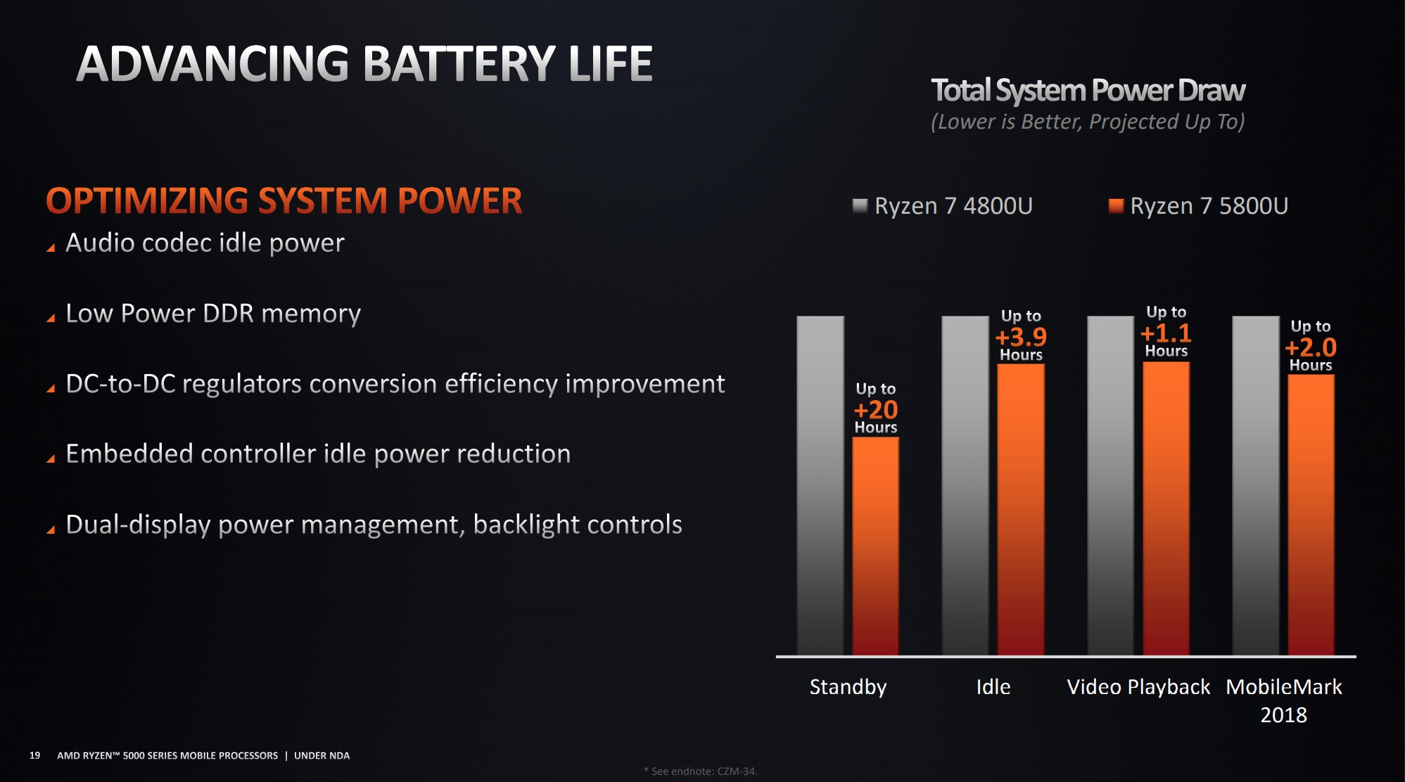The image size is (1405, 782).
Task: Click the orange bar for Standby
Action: [875, 546]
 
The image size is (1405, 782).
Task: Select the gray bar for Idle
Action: [965, 486]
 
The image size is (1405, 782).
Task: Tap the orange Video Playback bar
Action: [1166, 508]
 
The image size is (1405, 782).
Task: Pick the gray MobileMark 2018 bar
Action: [1256, 486]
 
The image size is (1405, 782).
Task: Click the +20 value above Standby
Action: [876, 409]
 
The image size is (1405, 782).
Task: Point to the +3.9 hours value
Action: [1021, 336]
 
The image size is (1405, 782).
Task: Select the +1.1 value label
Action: [1166, 333]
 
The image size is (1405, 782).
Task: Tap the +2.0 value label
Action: [1311, 347]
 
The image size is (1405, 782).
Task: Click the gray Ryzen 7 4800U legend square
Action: [860, 205]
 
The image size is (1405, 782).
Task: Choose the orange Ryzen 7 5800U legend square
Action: [1116, 205]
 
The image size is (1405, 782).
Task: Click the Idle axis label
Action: [993, 686]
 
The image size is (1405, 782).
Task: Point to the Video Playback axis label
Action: [1138, 687]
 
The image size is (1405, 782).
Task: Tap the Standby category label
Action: [848, 687]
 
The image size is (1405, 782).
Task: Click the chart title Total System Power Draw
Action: [1088, 91]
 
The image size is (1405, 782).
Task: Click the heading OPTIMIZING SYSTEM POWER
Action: [284, 200]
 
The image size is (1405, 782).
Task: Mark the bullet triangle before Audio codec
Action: [51, 248]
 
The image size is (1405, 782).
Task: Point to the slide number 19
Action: [34, 755]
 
